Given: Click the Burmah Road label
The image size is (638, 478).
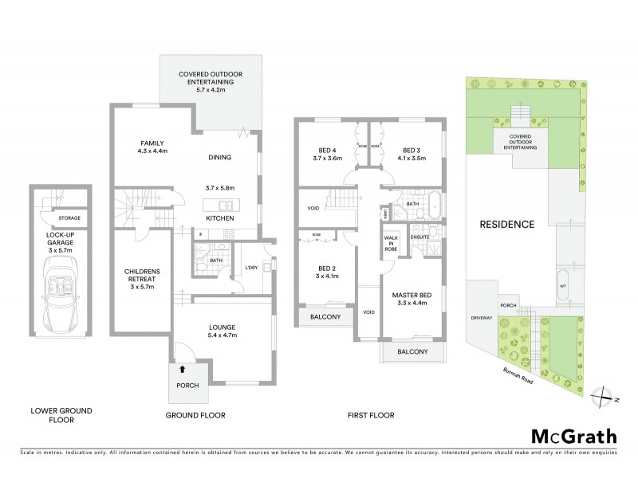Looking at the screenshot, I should [x=536, y=374].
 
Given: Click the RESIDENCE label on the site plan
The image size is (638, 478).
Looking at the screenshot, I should [x=506, y=224].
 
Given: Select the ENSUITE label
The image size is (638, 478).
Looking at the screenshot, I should [x=420, y=237].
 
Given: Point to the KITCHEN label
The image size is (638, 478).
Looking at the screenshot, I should [x=219, y=217].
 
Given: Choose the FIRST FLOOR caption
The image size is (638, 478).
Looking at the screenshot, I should [x=372, y=415].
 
